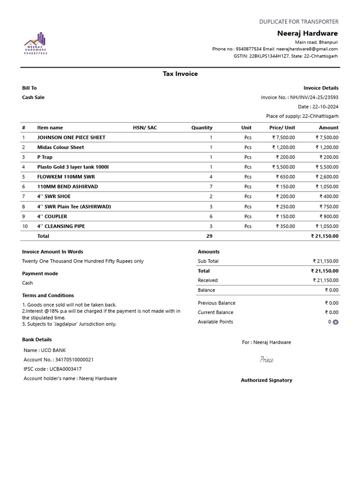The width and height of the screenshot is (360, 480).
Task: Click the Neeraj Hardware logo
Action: point(36,43)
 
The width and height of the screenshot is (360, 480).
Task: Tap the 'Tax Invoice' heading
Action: point(180,74)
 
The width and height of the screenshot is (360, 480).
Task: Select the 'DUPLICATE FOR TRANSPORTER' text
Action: point(299,22)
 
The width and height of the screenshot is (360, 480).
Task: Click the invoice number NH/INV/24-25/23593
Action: point(314,97)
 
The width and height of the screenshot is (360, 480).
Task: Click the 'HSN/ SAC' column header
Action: point(145,127)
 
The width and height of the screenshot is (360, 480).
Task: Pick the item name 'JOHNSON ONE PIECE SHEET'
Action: point(71,137)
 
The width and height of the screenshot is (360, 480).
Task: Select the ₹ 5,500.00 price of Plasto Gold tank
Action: point(284,167)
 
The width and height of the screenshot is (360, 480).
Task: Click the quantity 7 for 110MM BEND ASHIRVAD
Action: point(211,187)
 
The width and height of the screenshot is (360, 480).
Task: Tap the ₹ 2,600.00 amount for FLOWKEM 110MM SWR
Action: point(327,177)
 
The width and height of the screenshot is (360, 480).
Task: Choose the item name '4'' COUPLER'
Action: point(52,217)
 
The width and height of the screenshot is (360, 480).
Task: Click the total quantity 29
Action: point(209,236)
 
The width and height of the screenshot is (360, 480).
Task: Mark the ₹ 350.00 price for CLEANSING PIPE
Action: point(285,226)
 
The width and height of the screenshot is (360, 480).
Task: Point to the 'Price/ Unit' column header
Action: point(282,127)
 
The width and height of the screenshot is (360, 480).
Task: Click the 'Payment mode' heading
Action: point(40,274)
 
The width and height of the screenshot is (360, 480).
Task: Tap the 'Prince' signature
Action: point(267,360)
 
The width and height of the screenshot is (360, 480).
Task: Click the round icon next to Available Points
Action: point(336,322)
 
